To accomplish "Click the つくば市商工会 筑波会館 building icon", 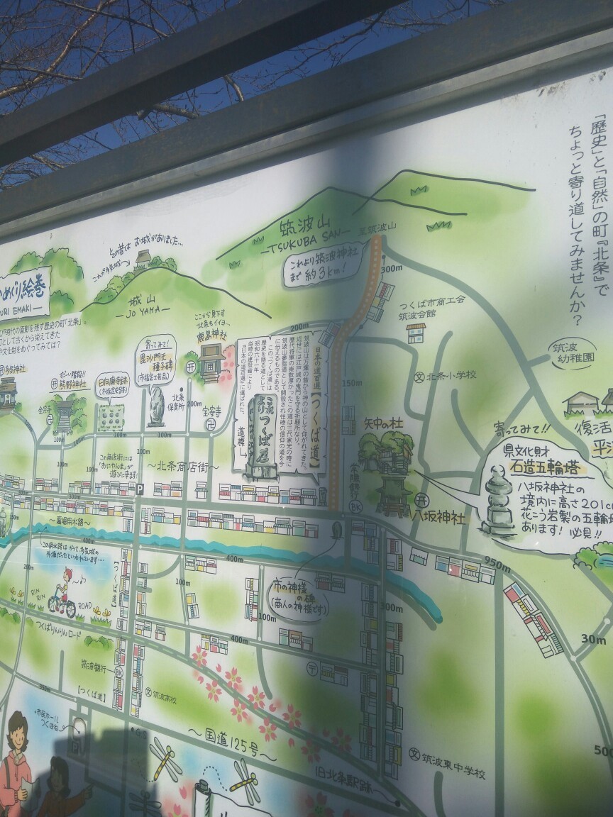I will (x=416, y=333).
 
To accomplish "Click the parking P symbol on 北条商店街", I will (x=140, y=489).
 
